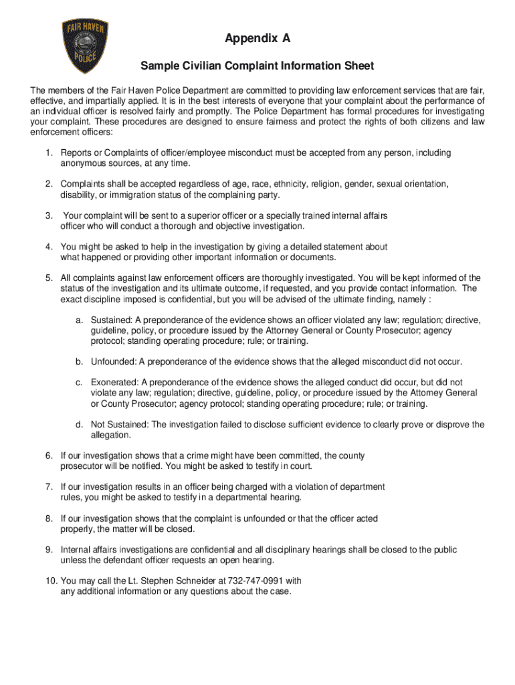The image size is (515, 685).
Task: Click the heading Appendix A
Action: coord(257,39)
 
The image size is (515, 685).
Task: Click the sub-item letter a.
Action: coord(79,320)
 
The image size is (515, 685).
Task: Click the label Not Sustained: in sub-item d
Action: coord(120,425)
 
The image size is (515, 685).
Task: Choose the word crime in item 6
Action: coord(200,456)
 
